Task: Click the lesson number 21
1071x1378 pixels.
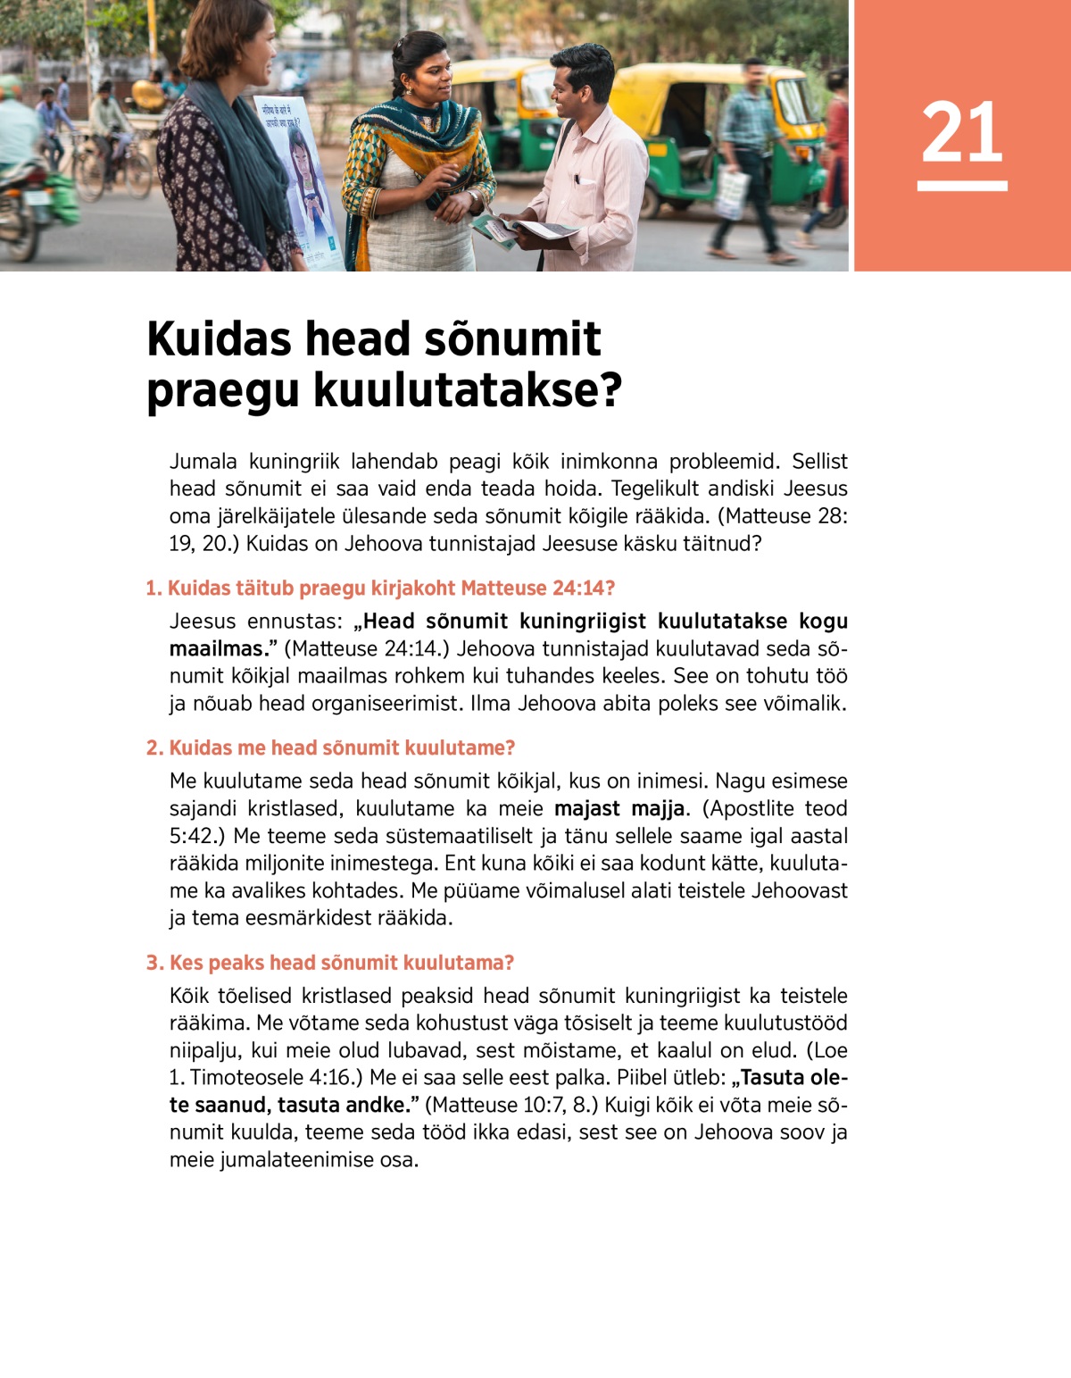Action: coord(961,132)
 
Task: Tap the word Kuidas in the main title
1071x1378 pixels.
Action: coord(219,339)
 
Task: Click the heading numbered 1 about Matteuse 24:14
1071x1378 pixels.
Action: coord(380,588)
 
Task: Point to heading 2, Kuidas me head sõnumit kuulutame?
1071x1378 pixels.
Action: coord(331,747)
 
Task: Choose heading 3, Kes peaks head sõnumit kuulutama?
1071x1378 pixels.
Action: coord(330,962)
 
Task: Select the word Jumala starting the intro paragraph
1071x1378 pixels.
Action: coord(203,462)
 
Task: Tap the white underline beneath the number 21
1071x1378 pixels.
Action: coord(961,186)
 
